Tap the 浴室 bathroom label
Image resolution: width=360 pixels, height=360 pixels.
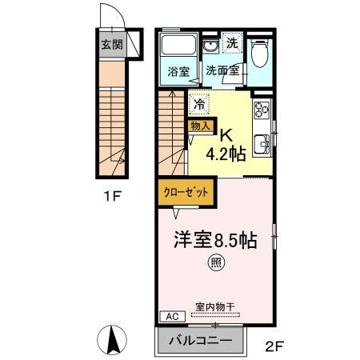coord(177,71)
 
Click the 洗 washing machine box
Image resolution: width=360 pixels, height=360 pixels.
coord(231,43)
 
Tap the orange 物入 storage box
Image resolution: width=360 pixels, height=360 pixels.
coord(199,125)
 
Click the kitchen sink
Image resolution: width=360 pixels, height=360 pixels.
coord(261,147)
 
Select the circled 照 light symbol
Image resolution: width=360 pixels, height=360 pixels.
coord(217,262)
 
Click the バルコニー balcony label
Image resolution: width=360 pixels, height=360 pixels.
coord(201,341)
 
